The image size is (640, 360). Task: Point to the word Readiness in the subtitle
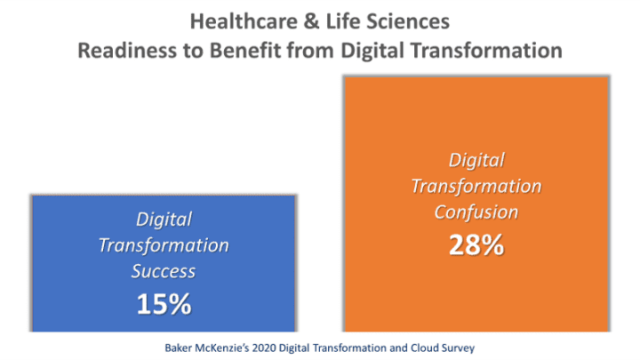(123, 50)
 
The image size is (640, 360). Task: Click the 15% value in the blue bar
(164, 304)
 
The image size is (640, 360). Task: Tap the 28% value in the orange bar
(476, 245)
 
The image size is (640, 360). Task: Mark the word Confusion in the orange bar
(476, 214)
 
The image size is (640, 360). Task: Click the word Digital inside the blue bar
(164, 218)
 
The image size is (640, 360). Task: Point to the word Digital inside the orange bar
(476, 160)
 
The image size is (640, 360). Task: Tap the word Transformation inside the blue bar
(164, 245)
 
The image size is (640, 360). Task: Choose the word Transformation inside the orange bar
(476, 187)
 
